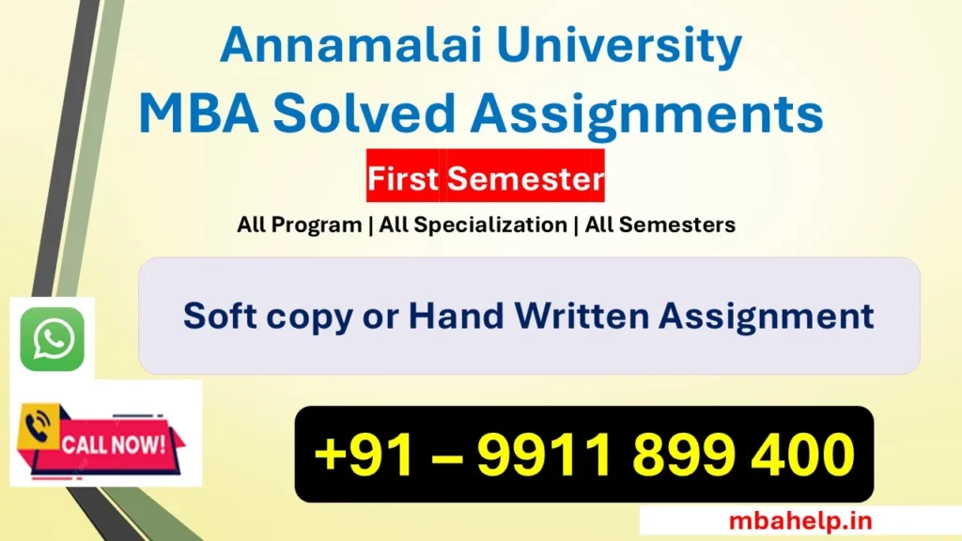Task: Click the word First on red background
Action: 403,178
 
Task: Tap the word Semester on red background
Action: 524,178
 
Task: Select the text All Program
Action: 299,224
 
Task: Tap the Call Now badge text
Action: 114,443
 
